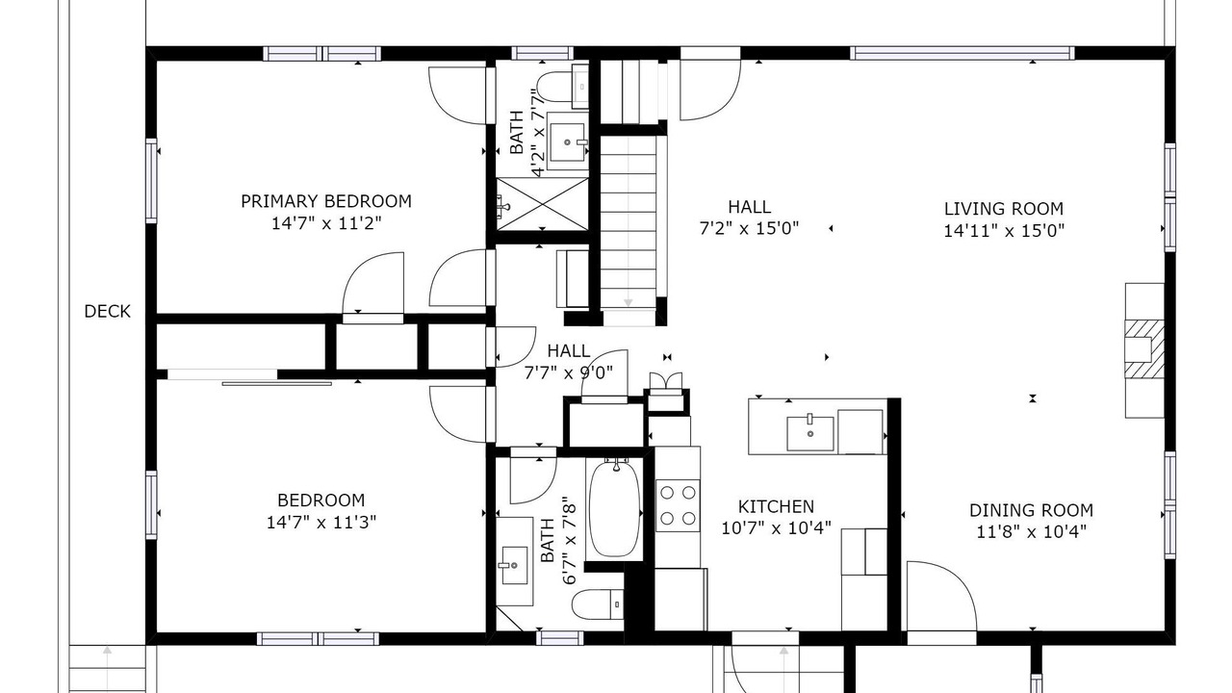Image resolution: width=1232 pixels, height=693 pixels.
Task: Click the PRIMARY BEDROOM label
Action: [326, 201]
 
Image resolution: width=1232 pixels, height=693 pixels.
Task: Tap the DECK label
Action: [107, 311]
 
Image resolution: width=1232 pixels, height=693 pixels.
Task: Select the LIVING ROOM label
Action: [1004, 209]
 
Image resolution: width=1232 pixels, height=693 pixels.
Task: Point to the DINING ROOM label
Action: [1031, 510]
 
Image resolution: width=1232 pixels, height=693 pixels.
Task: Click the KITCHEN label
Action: [776, 506]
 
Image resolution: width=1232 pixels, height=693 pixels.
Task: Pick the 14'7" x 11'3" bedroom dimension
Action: [321, 522]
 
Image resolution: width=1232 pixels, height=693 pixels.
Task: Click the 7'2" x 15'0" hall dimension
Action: [749, 228]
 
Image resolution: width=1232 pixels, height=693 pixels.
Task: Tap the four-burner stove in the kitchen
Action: [678, 505]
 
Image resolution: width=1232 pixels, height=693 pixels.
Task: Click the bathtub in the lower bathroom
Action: [614, 509]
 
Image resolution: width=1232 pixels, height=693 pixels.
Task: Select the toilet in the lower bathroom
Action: [598, 603]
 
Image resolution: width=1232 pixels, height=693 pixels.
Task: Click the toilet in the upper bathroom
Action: [562, 87]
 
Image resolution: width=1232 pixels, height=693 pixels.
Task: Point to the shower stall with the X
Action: [542, 203]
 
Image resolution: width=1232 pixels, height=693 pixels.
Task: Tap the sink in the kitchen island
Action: [810, 434]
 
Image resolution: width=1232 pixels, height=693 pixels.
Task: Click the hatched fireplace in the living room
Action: [1144, 349]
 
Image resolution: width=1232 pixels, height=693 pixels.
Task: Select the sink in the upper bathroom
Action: [568, 142]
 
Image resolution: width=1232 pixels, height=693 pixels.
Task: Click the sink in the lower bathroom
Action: [514, 565]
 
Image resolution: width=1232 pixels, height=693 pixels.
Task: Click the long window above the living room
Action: [962, 53]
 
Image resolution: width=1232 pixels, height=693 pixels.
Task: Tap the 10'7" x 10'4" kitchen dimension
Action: [776, 528]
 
